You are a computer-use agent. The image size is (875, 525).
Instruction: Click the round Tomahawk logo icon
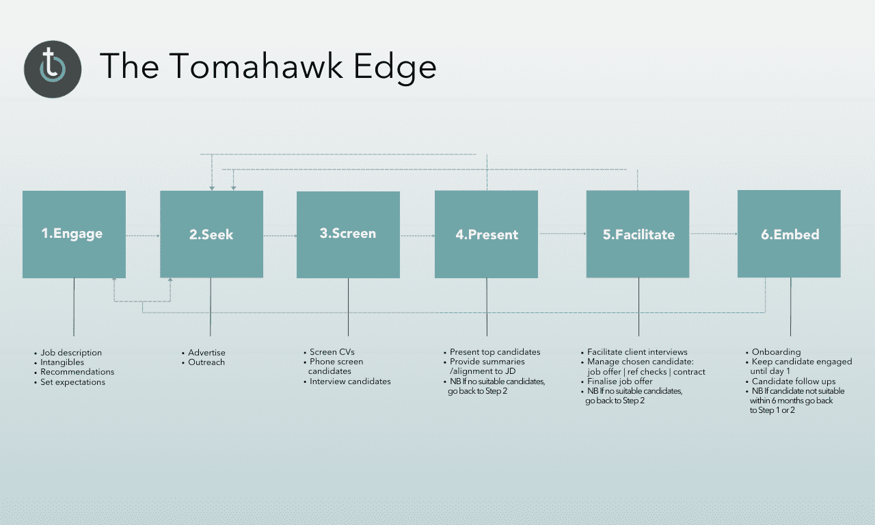[53, 69]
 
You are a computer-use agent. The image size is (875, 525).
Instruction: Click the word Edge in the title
[394, 67]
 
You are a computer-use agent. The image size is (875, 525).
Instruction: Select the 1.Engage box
[75, 234]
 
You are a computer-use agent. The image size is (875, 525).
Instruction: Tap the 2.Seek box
[211, 234]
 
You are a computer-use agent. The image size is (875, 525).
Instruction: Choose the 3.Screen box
[348, 234]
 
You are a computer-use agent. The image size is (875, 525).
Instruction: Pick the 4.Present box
[486, 234]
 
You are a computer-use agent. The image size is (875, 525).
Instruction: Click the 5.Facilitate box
[638, 234]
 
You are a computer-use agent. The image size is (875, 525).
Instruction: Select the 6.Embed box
[789, 234]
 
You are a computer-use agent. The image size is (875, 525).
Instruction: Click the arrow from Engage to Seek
[143, 236]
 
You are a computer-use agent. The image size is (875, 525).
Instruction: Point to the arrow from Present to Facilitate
[562, 234]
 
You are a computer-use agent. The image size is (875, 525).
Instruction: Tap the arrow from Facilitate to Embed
[713, 234]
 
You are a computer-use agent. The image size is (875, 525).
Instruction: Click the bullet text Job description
[71, 353]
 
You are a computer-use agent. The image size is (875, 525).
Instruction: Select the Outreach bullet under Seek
[206, 362]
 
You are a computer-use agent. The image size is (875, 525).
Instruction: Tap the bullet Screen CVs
[332, 352]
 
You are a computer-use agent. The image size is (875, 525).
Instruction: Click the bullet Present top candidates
[495, 352]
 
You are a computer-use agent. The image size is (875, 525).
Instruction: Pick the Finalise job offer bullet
[620, 381]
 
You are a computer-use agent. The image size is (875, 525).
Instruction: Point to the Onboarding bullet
[776, 352]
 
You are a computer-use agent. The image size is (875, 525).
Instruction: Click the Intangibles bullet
[62, 362]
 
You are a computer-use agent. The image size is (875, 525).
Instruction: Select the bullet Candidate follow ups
[794, 381]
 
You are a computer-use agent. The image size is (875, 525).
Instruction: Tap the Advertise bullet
[206, 352]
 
